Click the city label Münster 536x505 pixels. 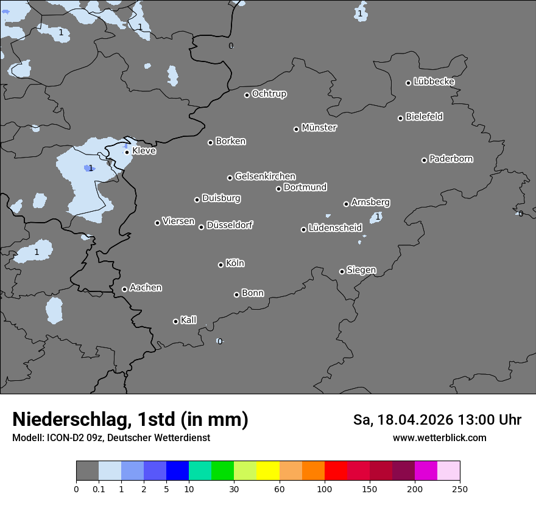[319, 128]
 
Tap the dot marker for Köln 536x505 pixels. [220, 265]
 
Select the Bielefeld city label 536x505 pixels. [424, 117]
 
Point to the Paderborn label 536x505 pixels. [451, 159]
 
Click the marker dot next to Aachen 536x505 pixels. [124, 289]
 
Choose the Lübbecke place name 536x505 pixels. [434, 82]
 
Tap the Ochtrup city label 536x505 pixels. [269, 94]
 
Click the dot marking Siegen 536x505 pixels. [342, 271]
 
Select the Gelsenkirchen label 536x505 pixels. [265, 176]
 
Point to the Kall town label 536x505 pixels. [188, 320]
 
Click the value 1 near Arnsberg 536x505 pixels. [378, 217]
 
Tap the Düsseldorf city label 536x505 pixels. [230, 225]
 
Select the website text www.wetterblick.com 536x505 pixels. [439, 437]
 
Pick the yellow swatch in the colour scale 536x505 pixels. [268, 471]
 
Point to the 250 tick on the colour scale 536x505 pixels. [459, 489]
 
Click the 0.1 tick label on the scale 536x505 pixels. [99, 489]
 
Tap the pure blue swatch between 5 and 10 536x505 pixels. [177, 471]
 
